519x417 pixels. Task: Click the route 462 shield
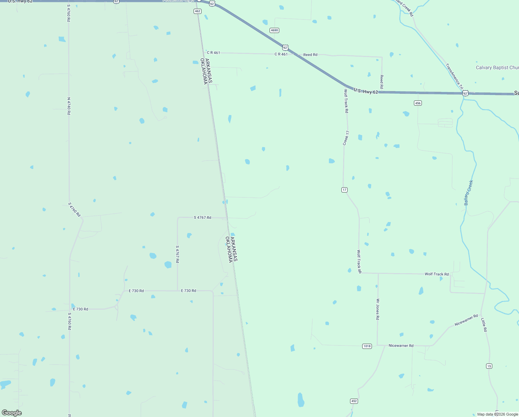pos(197,11)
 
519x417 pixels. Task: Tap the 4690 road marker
pos(274,30)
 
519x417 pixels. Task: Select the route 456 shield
pos(418,103)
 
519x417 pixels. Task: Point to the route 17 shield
pos(344,190)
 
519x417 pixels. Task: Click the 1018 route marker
pos(367,346)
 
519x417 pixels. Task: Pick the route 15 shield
pos(489,366)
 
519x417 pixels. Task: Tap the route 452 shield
pos(354,401)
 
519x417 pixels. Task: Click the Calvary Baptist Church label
pos(497,68)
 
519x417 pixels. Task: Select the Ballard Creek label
pos(468,193)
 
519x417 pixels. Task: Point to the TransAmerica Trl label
pos(454,76)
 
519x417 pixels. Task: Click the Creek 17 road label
pos(346,138)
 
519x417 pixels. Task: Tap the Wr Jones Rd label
pos(377,309)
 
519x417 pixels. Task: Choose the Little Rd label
pos(484,325)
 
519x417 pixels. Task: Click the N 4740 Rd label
pos(69,106)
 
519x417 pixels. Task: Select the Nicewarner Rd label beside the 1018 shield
pos(401,346)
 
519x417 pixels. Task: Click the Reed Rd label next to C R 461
pos(310,55)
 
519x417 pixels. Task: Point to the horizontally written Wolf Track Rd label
pos(436,274)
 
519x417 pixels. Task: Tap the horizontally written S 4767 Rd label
pos(202,218)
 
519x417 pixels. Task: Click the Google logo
pos(12,413)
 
